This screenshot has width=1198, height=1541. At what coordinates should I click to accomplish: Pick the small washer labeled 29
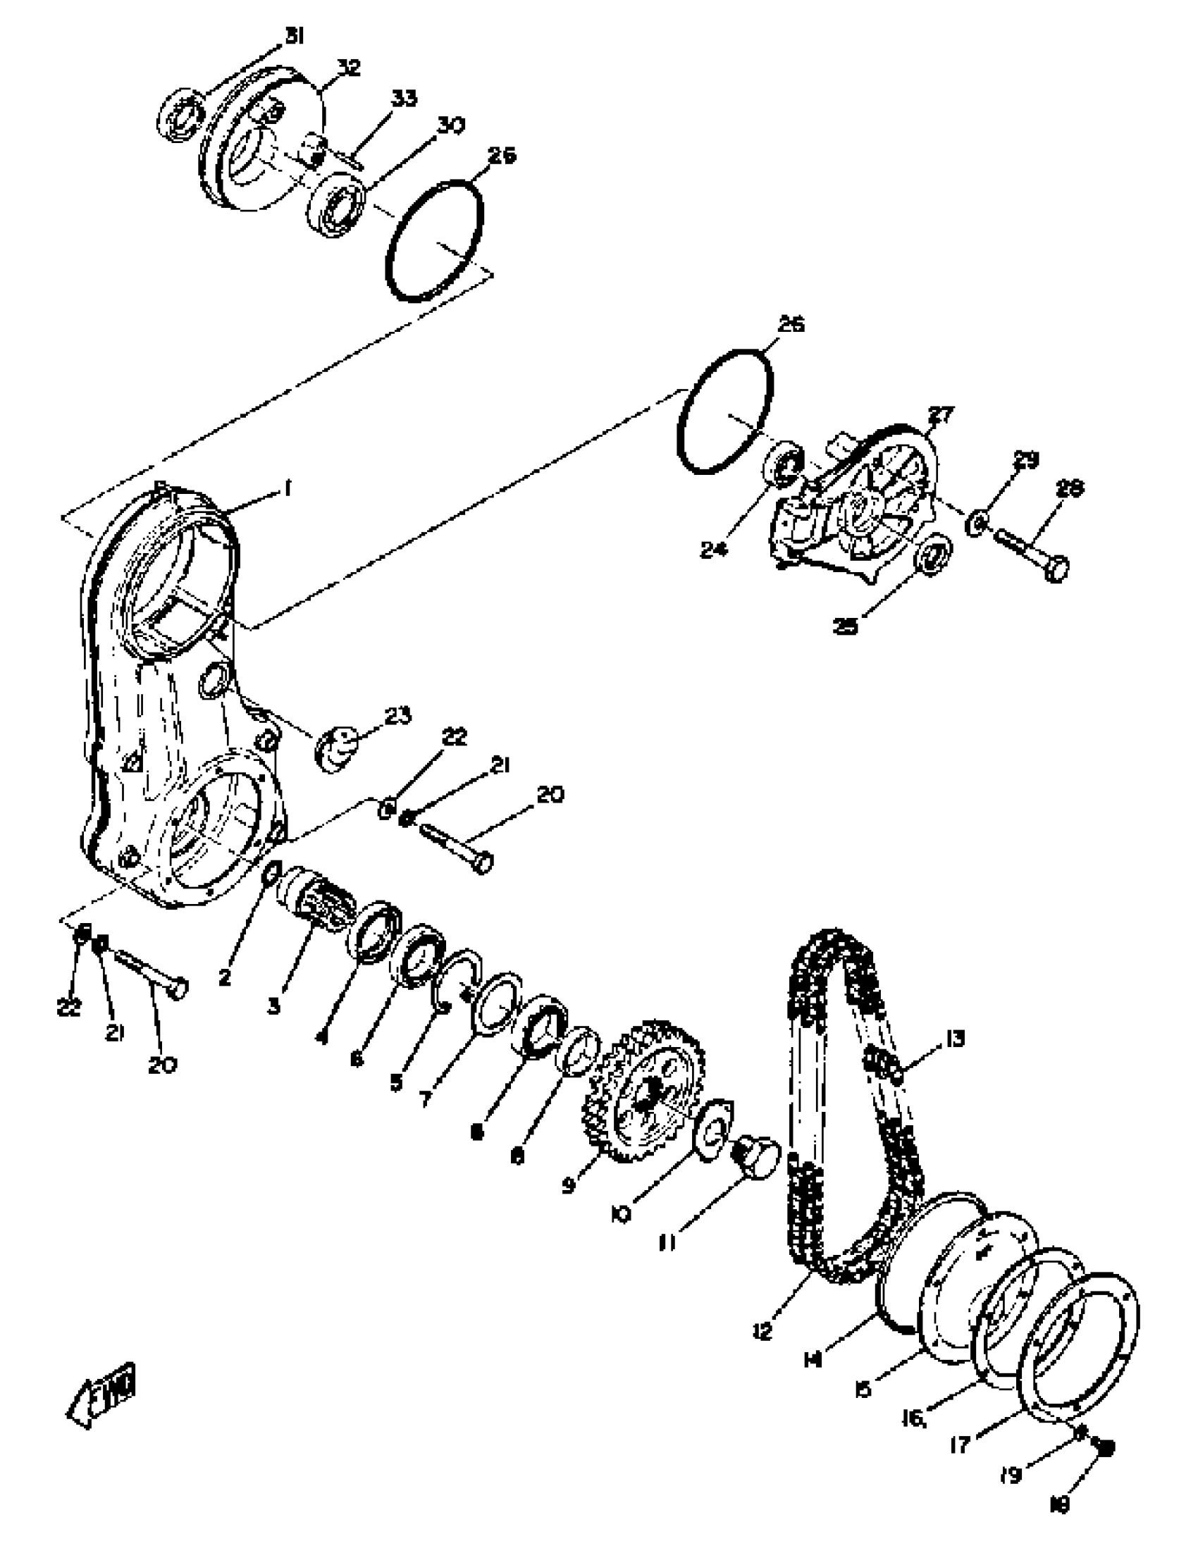pos(979,523)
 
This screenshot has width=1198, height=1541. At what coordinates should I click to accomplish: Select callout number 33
pos(404,98)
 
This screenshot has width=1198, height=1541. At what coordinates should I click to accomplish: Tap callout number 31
pos(294,37)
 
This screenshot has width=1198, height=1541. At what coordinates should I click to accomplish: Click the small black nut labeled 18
pos(1106,1448)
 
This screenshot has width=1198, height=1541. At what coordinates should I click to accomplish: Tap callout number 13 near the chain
pos(954,1039)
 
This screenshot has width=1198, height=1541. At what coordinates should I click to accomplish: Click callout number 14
pos(813,1359)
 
